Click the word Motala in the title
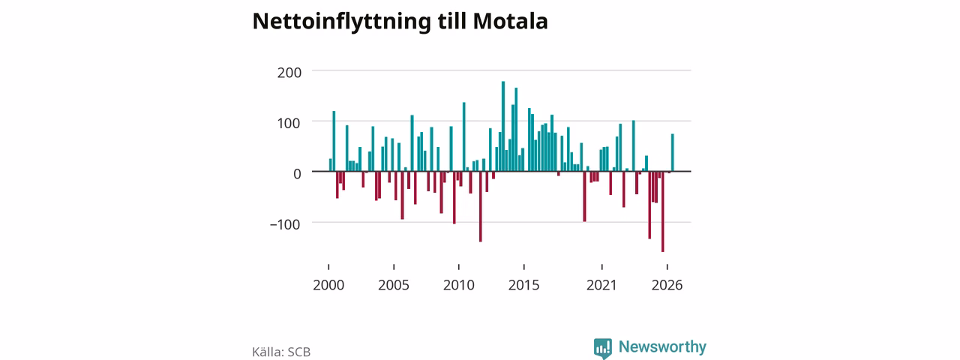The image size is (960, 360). [510, 21]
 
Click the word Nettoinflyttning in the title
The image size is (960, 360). [341, 22]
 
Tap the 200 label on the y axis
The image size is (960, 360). [289, 73]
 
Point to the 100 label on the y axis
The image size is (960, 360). [289, 124]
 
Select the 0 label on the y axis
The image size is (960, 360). [297, 173]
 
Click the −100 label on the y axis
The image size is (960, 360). [285, 224]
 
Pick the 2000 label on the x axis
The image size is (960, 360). [328, 285]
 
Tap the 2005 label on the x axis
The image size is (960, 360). [394, 285]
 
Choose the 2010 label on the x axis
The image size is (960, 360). [459, 285]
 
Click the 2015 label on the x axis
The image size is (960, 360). [524, 285]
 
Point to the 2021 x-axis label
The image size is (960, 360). [601, 285]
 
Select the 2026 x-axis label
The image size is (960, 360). [667, 285]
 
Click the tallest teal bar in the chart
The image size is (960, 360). [503, 127]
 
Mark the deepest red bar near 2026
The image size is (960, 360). [662, 211]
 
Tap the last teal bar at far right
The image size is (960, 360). [673, 152]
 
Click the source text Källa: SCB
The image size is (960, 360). [281, 352]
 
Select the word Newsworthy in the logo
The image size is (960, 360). [662, 346]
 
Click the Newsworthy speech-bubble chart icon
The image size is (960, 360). [603, 348]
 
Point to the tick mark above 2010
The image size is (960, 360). [459, 267]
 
